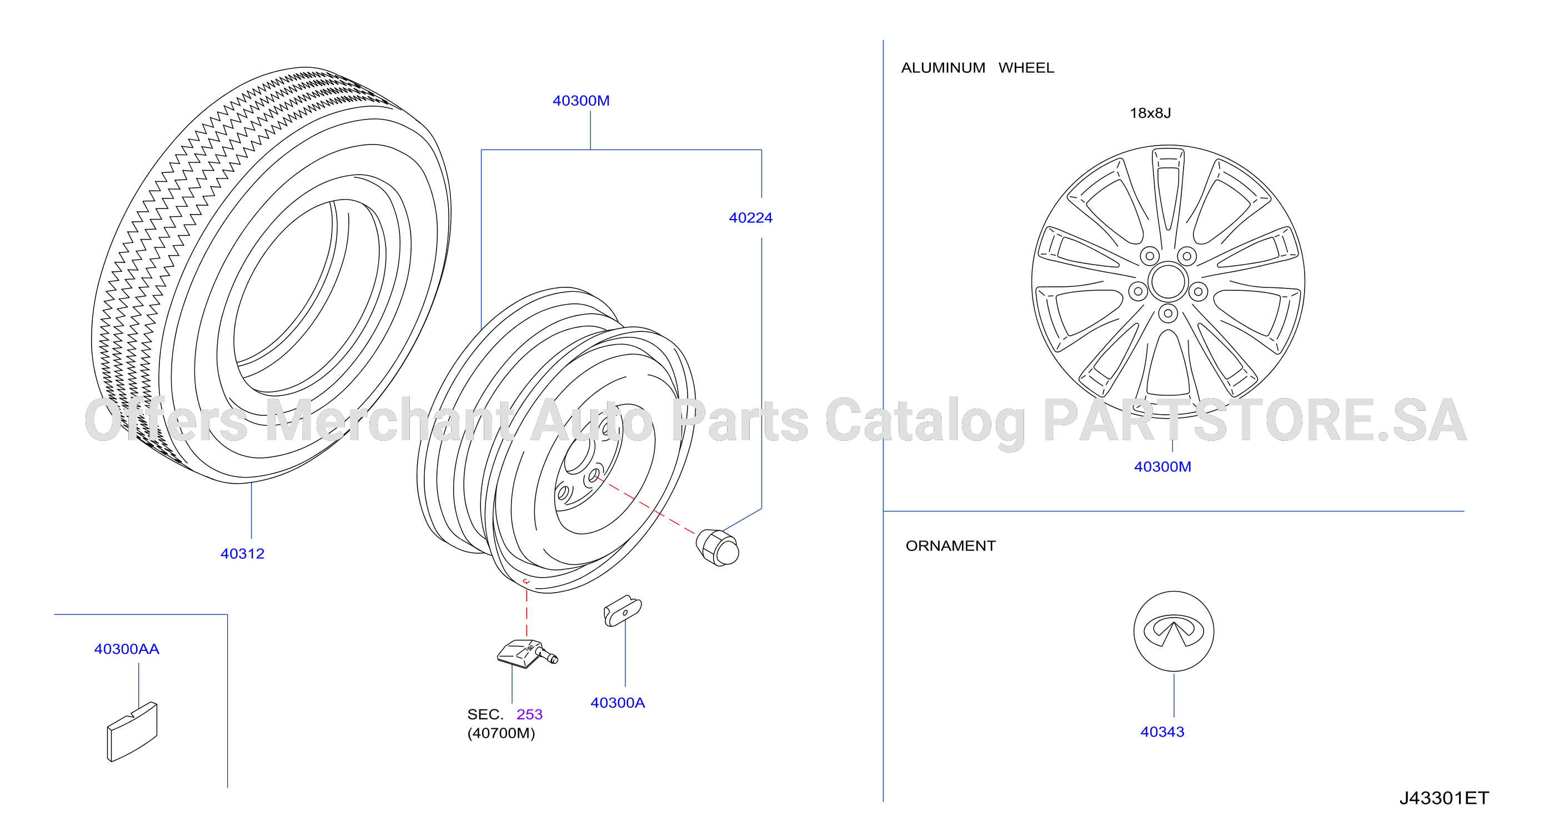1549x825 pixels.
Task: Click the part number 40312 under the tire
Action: coord(242,554)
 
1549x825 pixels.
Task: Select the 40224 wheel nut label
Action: coord(750,218)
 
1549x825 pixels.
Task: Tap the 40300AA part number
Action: coord(126,649)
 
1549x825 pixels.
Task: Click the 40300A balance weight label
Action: coord(618,702)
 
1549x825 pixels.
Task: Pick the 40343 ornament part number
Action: coord(1162,732)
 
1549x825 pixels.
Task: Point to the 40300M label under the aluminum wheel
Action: coord(1162,466)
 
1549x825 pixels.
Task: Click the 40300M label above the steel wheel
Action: coord(581,101)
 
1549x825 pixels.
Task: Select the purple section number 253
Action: coord(529,714)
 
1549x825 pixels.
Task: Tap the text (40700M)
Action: coord(501,733)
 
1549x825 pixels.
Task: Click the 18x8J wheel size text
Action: coord(1150,113)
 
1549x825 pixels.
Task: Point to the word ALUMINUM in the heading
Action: coord(943,68)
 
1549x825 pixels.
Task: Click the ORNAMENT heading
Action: coord(951,546)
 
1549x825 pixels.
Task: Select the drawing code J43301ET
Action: coord(1444,798)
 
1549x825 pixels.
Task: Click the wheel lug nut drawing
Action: coord(718,547)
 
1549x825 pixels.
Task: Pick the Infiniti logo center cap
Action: coord(1174,631)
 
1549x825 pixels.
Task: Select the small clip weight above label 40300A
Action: coord(623,612)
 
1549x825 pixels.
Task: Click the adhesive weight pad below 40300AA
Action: coord(132,732)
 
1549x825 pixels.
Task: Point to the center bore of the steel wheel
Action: coord(579,455)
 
